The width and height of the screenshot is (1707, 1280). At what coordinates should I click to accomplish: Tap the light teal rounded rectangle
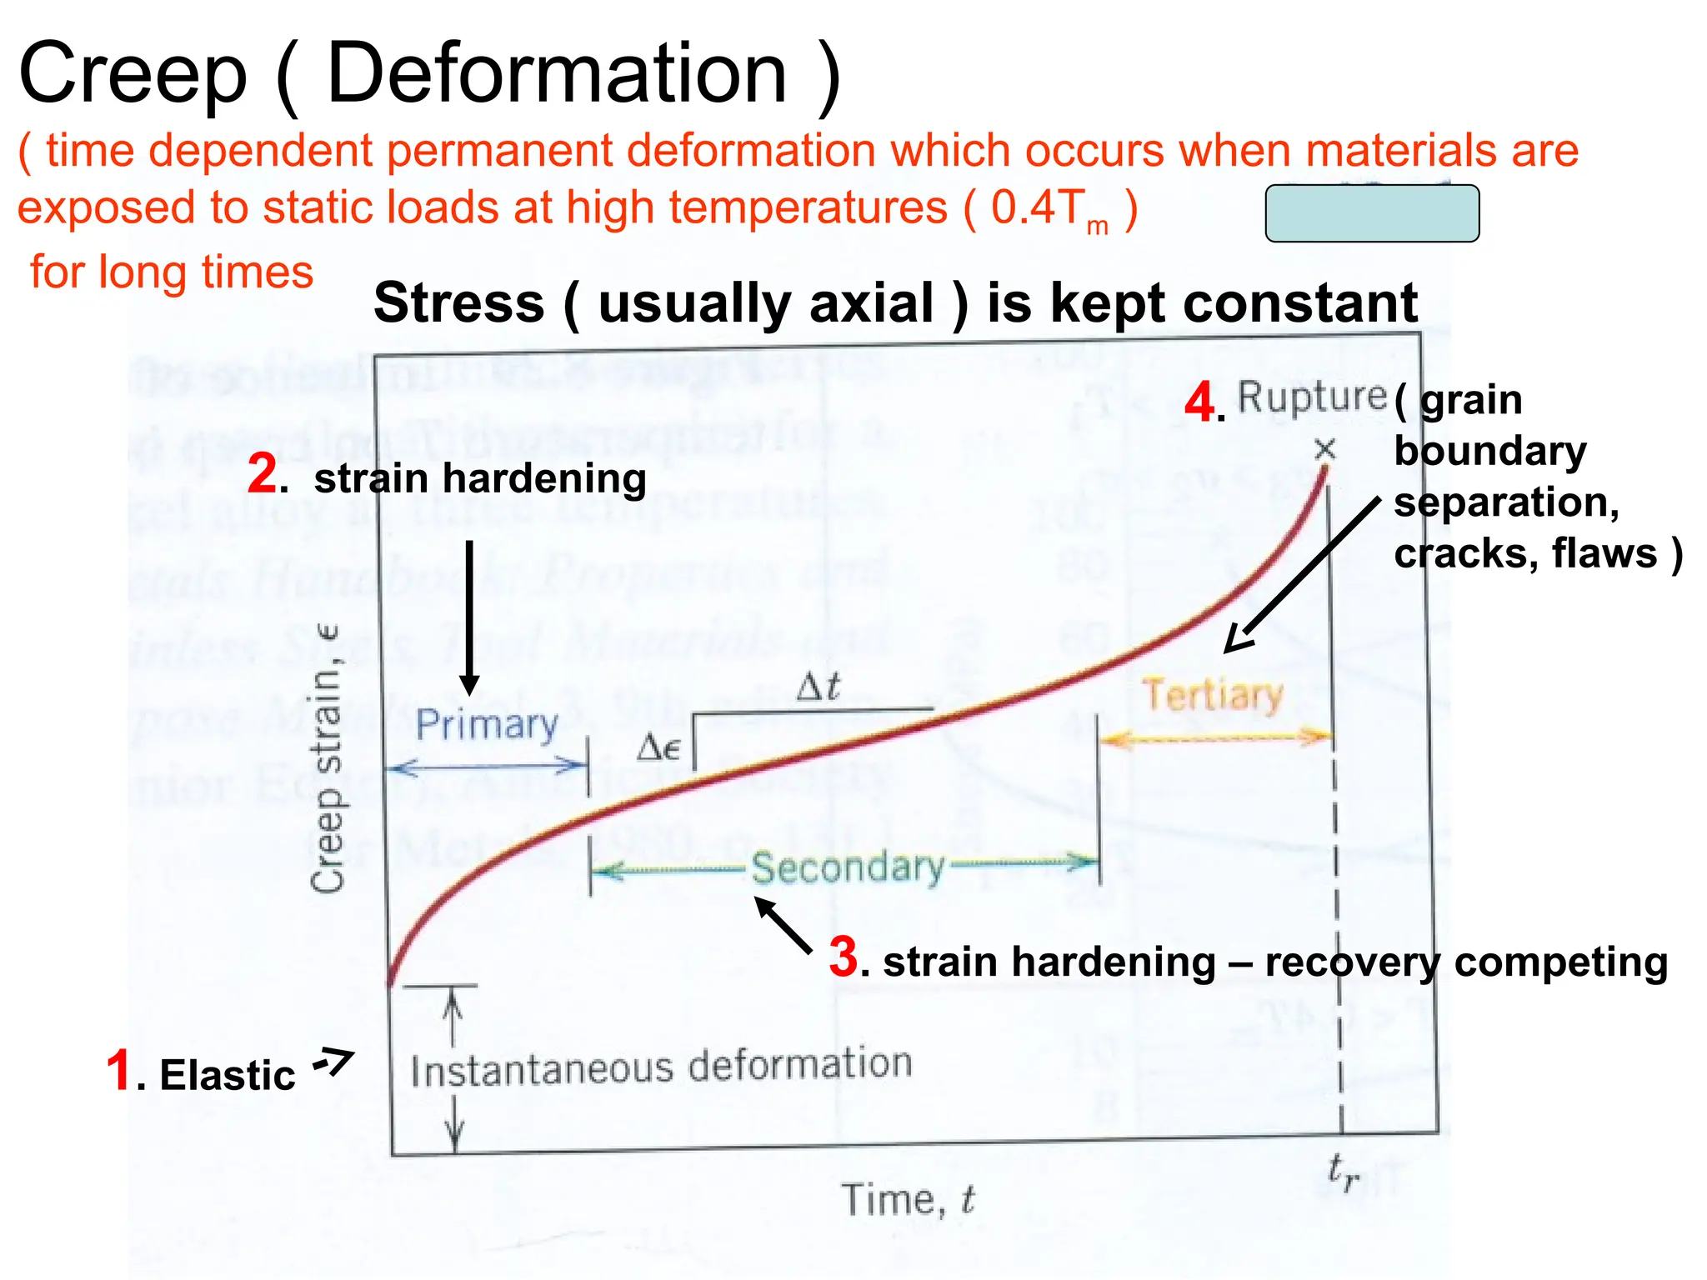point(1372,213)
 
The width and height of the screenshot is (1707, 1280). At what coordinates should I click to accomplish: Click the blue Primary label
point(487,724)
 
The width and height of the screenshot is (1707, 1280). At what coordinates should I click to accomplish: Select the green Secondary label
point(848,867)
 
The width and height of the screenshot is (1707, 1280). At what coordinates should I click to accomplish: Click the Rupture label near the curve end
point(1311,397)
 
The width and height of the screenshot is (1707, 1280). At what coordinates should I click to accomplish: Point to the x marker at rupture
point(1324,450)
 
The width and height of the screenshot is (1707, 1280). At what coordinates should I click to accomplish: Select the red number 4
point(1199,402)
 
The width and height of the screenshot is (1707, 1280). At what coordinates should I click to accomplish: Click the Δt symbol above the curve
point(818,687)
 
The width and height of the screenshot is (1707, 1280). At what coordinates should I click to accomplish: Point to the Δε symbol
point(658,747)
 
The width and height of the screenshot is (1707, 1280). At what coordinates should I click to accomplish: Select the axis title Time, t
point(907,1200)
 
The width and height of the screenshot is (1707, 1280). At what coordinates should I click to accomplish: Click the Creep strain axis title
point(327,758)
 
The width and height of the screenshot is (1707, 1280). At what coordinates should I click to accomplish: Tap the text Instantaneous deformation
point(661,1067)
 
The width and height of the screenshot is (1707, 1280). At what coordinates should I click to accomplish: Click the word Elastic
point(227,1075)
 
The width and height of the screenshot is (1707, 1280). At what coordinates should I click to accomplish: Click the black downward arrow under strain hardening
point(470,617)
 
